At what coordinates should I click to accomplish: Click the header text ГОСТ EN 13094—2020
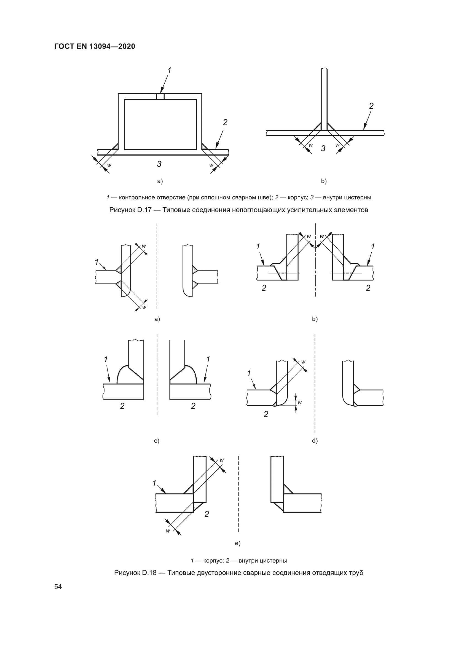pos(95,46)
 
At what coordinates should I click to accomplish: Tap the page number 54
pos(58,587)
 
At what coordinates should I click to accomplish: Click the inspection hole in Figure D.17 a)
pos(160,97)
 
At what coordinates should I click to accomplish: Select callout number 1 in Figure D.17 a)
pos(169,71)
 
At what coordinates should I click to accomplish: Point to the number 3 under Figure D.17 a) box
pos(159,164)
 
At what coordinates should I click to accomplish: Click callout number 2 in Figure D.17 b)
pos(371,106)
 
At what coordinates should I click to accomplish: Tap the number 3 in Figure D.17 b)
pos(323,149)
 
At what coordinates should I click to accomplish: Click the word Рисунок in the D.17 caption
pos(122,210)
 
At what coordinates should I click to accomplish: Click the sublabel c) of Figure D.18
pos(157,441)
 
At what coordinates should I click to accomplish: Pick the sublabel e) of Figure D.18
pos(238,543)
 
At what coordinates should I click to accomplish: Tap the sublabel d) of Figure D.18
pos(315,441)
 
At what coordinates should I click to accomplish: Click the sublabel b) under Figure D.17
pos(324,181)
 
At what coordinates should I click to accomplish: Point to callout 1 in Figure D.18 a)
pos(97,262)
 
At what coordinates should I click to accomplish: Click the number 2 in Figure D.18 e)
pos(207,514)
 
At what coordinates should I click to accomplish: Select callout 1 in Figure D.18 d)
pos(249,373)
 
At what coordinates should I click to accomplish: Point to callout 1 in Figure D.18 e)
pos(154,483)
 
